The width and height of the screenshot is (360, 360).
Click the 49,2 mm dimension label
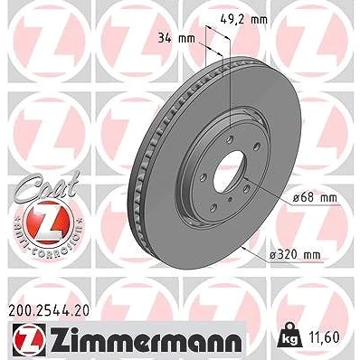pos(243,20)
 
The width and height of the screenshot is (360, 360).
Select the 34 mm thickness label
pos(176,39)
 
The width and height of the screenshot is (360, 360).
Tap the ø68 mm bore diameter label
pos(316,198)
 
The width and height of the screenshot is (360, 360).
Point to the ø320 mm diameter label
pos(295,255)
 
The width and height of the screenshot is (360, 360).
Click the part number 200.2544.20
pos(49,310)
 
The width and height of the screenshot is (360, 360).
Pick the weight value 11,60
pos(324,336)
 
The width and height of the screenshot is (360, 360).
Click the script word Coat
pos(47,185)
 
